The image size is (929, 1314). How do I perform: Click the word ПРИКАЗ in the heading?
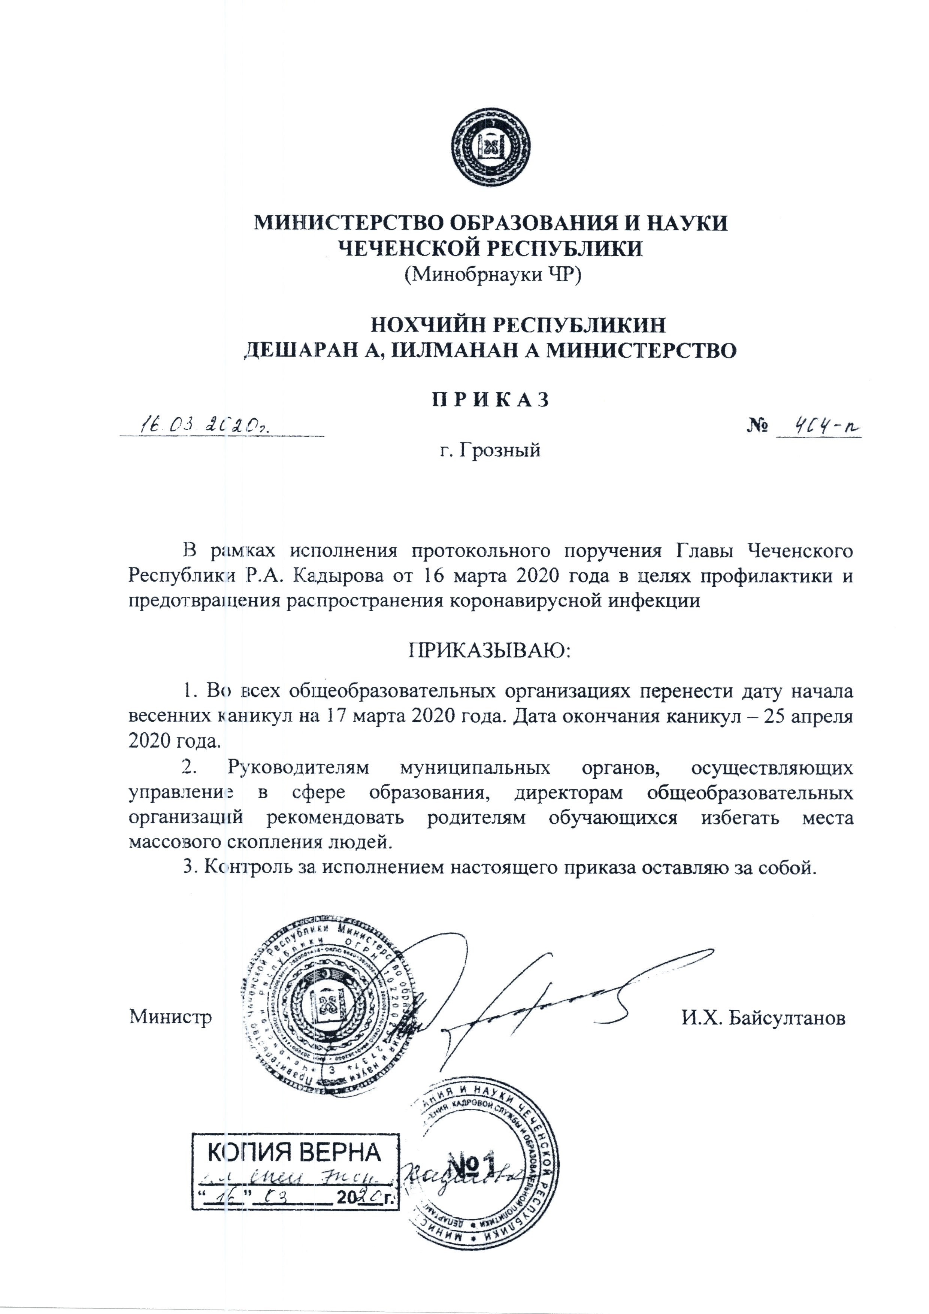click(x=490, y=399)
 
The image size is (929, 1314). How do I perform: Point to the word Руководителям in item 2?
click(x=299, y=767)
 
